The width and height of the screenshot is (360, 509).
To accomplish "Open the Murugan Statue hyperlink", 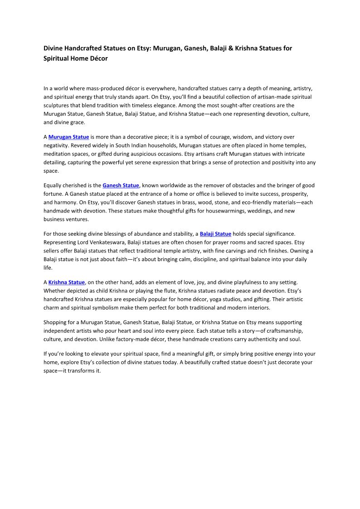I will click(68, 137).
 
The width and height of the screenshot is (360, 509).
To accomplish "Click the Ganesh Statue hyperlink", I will click(121, 185).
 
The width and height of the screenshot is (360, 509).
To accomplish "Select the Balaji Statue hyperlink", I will click(215, 234).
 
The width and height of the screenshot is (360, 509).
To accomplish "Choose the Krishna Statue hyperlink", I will click(67, 282).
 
